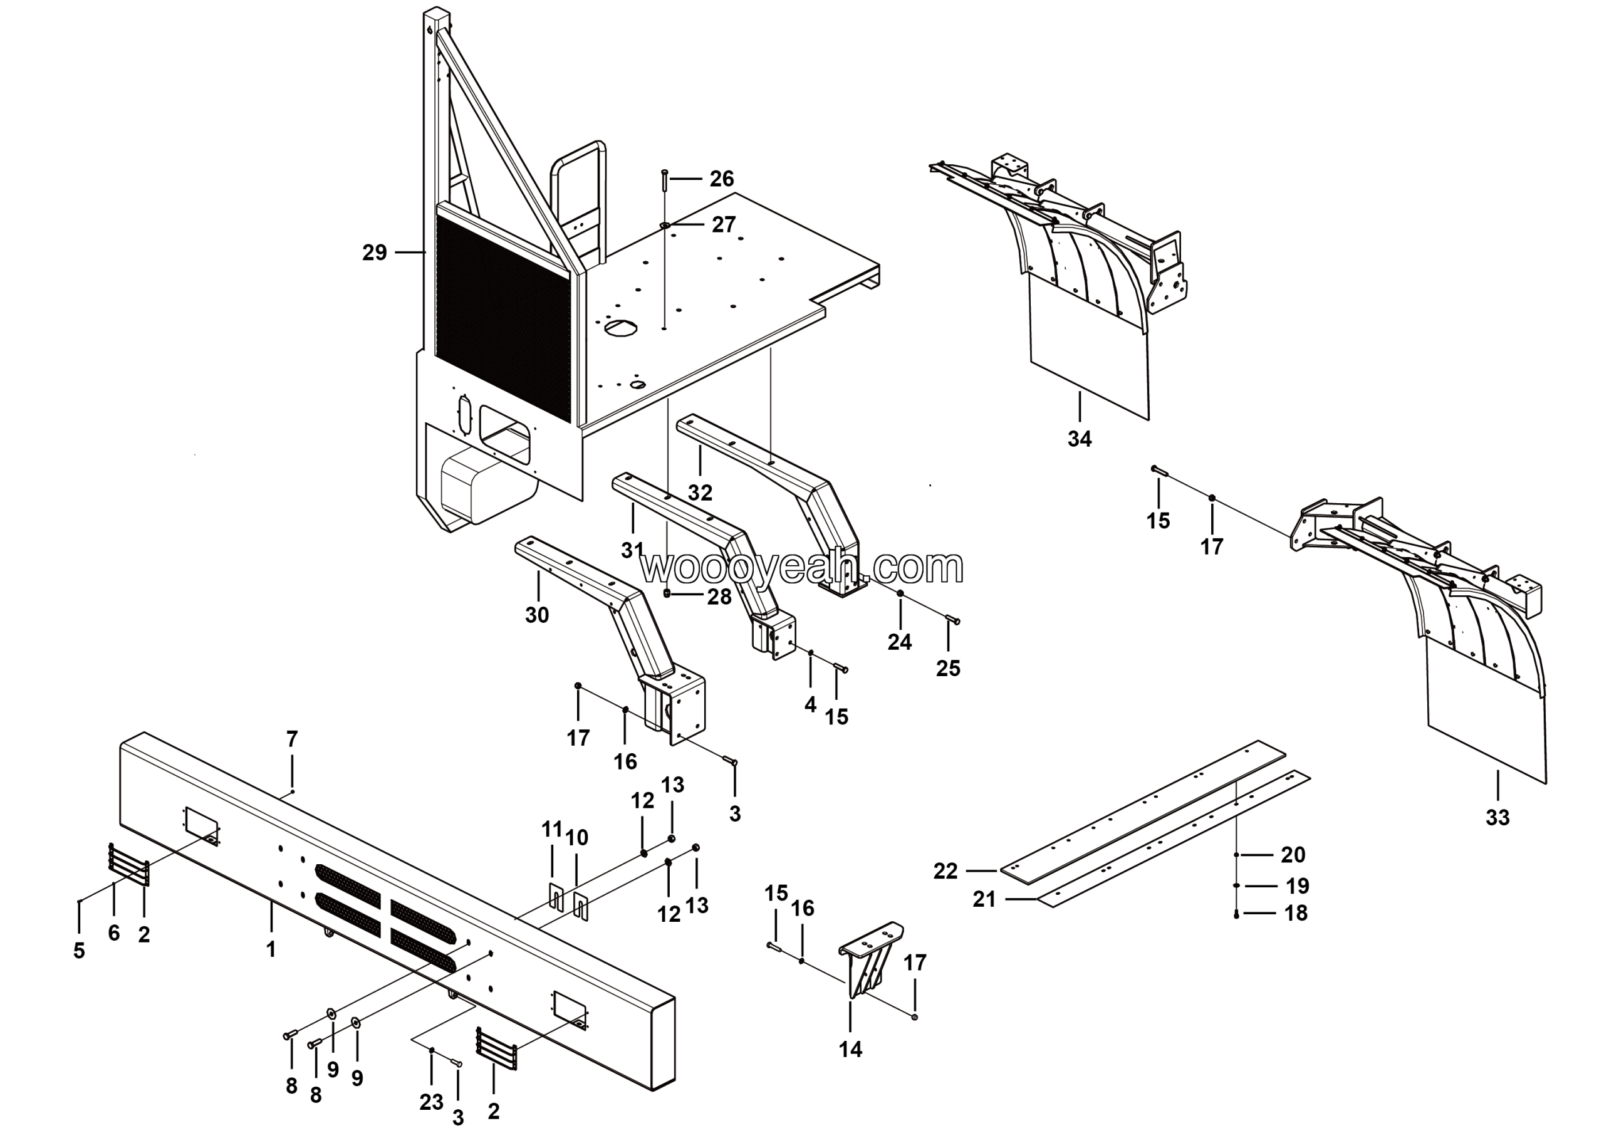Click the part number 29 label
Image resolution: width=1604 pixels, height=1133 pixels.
point(375,253)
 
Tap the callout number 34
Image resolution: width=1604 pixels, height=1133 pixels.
point(1080,439)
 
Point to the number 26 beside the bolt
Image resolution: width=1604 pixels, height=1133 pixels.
point(722,179)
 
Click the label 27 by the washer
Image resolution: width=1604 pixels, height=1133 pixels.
point(724,224)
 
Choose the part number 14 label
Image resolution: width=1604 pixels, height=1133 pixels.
point(850,1048)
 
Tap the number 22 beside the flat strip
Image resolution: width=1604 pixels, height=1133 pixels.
point(945,872)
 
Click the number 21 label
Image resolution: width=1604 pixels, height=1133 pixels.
point(984,900)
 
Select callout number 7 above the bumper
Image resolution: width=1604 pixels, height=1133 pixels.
point(292,738)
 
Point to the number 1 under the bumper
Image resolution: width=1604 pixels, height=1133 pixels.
point(271,949)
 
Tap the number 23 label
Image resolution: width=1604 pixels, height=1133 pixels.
point(432,1102)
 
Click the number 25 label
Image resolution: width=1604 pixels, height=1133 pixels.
point(948,669)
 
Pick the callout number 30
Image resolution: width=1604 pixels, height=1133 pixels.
point(536,615)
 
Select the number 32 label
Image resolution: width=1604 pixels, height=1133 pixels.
point(700,493)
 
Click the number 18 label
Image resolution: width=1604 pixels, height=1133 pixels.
point(1296,913)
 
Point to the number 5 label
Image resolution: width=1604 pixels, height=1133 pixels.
point(79,951)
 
